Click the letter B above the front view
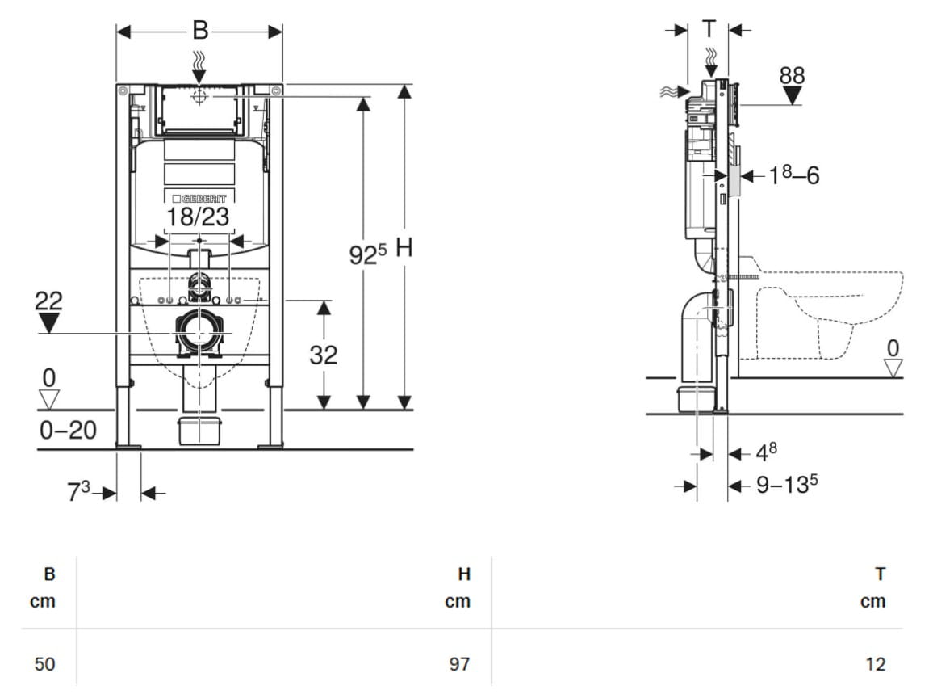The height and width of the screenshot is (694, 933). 200,30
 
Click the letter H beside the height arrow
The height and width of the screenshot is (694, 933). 404,248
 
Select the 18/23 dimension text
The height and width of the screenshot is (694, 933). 199,217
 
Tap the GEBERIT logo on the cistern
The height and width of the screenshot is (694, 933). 199,199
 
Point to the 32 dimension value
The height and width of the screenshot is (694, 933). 324,355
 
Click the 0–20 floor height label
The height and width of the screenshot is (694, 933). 68,430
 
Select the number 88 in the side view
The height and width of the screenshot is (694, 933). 792,76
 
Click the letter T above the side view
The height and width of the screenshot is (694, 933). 709,28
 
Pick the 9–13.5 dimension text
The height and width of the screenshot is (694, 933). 787,484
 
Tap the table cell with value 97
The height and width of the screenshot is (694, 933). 458,663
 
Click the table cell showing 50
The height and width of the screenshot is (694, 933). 44,663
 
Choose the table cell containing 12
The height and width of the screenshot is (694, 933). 875,663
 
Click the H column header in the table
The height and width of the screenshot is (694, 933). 464,574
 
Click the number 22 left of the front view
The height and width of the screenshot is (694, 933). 48,301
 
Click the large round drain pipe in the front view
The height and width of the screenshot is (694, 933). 199,334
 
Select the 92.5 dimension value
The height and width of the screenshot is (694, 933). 368,254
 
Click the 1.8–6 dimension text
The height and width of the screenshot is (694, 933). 794,175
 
